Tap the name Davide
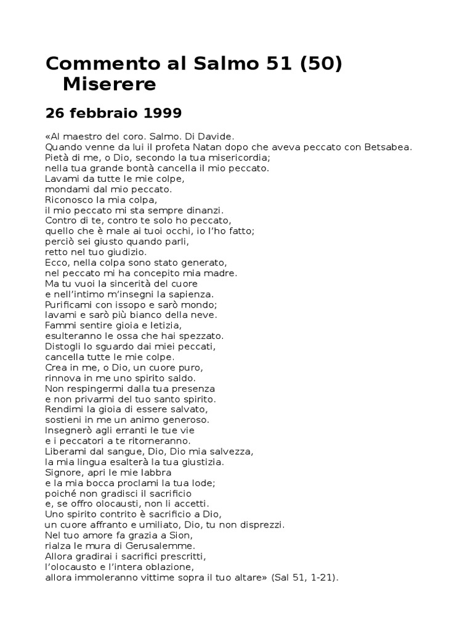(216, 136)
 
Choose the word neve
(203, 315)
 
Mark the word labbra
(154, 473)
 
